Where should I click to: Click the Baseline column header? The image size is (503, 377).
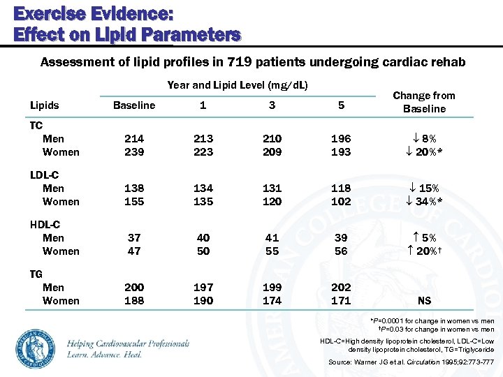134,105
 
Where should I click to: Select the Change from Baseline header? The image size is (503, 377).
423,102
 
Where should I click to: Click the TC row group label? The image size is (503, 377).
36,126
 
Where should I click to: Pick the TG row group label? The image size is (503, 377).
36,274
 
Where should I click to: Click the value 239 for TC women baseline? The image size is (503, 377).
134,151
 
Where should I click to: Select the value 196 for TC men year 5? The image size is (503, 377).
340,139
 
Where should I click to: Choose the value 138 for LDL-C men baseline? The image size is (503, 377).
134,188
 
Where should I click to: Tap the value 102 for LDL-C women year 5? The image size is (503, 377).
340,201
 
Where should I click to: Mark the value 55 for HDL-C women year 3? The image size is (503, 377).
272,251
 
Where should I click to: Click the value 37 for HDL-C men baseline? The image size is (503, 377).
134,238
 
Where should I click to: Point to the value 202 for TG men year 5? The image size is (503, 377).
340,288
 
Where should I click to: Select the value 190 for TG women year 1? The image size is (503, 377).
203,300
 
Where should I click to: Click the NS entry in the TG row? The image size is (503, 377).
424,301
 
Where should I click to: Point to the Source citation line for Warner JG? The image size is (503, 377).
411,362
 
